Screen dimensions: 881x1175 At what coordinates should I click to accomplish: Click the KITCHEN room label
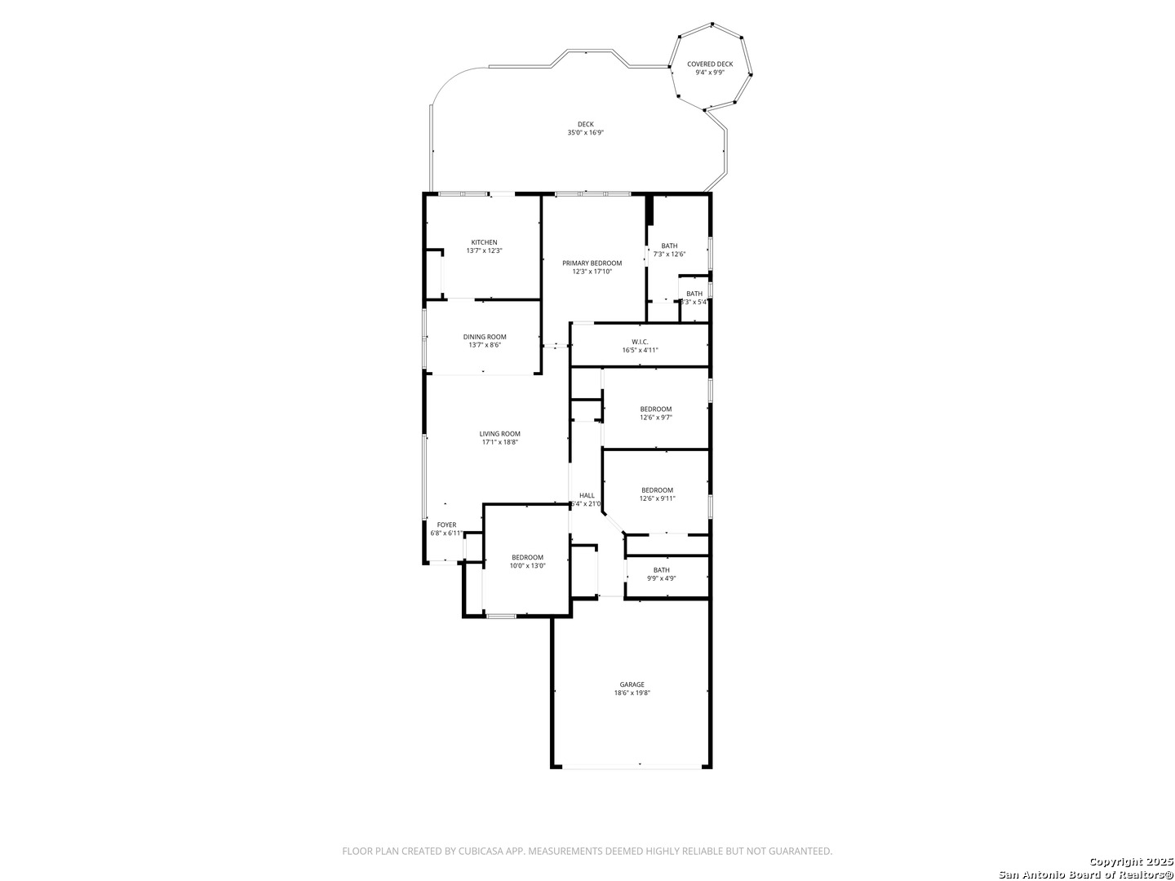click(484, 242)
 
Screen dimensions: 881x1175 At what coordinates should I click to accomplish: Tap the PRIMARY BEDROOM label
click(592, 263)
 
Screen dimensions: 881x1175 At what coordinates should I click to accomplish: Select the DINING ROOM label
click(485, 337)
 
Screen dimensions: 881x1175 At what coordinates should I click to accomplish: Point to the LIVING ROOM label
click(499, 434)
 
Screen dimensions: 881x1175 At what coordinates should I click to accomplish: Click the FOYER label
click(446, 525)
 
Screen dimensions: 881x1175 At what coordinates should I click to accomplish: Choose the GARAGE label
click(632, 684)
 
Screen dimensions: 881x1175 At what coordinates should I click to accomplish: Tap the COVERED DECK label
click(709, 64)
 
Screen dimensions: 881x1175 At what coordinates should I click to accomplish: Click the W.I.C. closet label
click(640, 342)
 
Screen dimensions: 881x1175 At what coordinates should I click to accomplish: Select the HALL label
click(587, 495)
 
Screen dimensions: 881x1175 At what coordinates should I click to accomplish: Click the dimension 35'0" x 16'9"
click(585, 133)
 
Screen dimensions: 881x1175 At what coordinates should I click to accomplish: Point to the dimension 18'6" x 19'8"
click(632, 693)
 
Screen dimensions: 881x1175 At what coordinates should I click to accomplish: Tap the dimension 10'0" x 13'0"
click(527, 566)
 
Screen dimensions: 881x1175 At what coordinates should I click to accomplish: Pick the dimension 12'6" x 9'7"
click(655, 418)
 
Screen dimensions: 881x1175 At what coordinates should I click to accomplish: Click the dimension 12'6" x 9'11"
click(657, 498)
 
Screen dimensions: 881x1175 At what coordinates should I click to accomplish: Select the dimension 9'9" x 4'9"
click(661, 578)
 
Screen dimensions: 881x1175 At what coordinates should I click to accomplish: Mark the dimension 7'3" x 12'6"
click(669, 255)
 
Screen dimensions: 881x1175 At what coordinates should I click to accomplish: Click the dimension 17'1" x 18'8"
click(499, 442)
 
